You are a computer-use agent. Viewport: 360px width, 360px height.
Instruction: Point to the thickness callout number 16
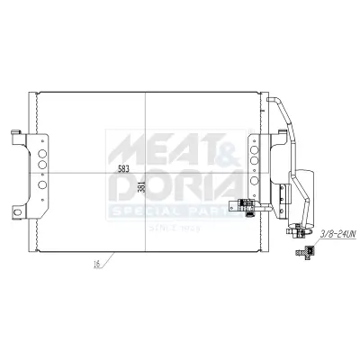tap(94, 265)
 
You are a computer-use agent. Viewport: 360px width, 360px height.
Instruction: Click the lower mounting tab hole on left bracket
tap(15, 212)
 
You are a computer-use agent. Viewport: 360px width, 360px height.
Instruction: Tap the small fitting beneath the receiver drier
tap(297, 229)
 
